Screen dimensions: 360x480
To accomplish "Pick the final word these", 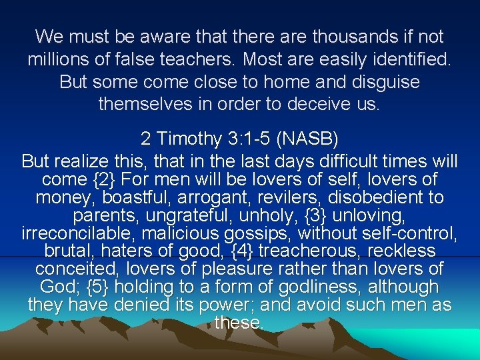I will coord(239,323).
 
